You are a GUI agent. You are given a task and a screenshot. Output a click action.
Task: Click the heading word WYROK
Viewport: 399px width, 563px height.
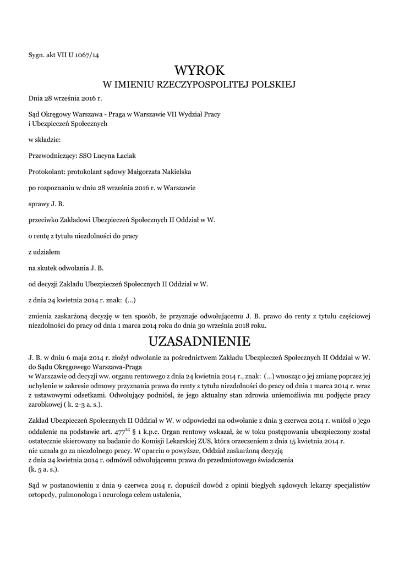[199, 70]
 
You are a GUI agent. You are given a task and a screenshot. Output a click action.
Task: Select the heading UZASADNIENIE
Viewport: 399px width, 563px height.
[199, 341]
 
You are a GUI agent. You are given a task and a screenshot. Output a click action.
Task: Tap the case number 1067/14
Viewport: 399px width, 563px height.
[86, 55]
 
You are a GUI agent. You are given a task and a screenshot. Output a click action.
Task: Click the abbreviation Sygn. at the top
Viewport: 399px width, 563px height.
[37, 55]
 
